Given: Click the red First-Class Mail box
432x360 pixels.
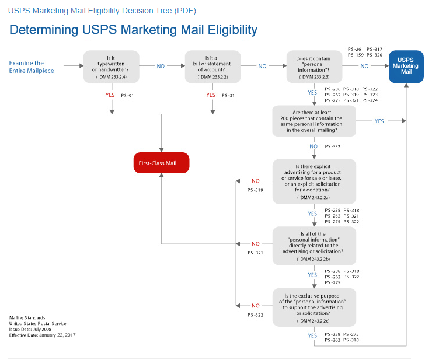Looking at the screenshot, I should coord(161,163).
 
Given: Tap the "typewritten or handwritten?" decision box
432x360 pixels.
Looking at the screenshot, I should coord(111,67).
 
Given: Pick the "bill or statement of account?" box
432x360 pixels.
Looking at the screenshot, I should coord(212,67).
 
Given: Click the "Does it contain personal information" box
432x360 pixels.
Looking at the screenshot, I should coord(313,67).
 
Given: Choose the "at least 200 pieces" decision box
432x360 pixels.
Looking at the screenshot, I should coord(313,121).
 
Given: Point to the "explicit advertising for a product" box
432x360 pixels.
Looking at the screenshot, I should coord(313,181).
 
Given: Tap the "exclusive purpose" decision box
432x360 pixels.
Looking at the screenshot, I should coord(313,306).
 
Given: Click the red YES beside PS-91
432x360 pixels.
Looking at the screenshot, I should coord(109,95).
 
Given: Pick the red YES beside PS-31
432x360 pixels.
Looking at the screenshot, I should coord(211,95).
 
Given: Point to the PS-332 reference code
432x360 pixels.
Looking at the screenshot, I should coord(332,147).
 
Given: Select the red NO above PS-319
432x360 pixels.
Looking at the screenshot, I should coord(256,181).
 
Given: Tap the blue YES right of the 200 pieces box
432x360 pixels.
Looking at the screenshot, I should coord(379,121).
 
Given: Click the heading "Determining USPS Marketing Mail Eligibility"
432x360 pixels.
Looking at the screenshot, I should coord(133,29).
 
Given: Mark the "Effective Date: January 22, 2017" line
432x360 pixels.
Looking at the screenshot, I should coord(43,335).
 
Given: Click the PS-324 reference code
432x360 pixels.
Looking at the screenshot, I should coord(370,100).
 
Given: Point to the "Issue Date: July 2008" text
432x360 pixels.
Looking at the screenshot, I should coord(31,329).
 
